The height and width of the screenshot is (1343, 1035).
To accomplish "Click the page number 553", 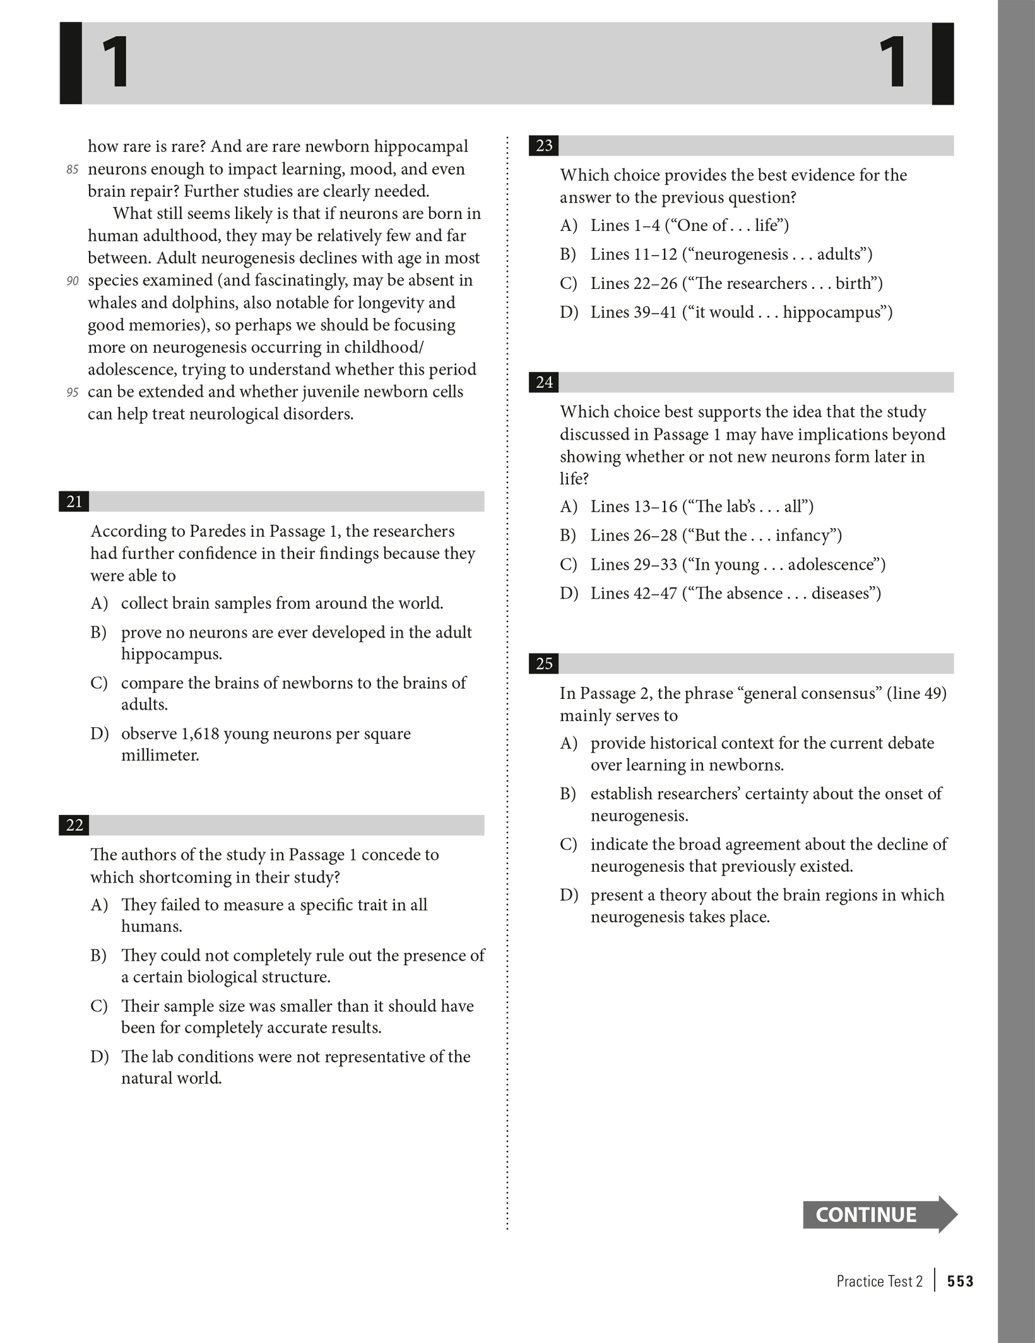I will pyautogui.click(x=960, y=1281).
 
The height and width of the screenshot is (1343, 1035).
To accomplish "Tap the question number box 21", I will pyautogui.click(x=74, y=501).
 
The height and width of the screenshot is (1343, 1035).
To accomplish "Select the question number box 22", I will pyautogui.click(x=74, y=825).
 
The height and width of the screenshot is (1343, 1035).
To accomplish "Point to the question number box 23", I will pyautogui.click(x=543, y=146).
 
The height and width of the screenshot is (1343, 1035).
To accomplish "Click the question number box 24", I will pyautogui.click(x=543, y=382).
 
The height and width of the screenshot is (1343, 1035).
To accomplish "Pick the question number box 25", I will pyautogui.click(x=543, y=664).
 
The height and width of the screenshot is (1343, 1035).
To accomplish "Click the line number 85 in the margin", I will pyautogui.click(x=73, y=170).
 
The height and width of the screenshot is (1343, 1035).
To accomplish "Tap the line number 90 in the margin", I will pyautogui.click(x=73, y=281).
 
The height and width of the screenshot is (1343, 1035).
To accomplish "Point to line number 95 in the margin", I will pyautogui.click(x=73, y=392).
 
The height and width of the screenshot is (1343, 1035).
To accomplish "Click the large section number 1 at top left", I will pyautogui.click(x=116, y=63).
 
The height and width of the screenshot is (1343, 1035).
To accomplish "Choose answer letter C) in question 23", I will pyautogui.click(x=568, y=283).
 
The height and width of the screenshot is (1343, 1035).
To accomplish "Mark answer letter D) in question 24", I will pyautogui.click(x=568, y=593).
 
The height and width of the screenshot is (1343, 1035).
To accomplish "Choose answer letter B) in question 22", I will pyautogui.click(x=98, y=955).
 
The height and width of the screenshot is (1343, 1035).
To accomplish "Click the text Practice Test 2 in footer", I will pyautogui.click(x=879, y=1281).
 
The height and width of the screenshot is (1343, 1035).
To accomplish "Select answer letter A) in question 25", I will pyautogui.click(x=568, y=743).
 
